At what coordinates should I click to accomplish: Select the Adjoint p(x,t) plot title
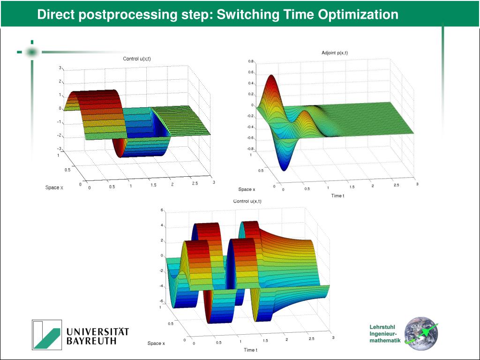(x=335, y=52)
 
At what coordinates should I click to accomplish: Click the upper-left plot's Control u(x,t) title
(x=137, y=59)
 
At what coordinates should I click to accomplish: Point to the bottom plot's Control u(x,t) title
(x=247, y=201)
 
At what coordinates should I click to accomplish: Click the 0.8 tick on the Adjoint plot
(x=251, y=61)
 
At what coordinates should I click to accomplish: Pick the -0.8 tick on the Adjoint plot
(x=250, y=149)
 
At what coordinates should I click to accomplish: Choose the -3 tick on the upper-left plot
(x=59, y=149)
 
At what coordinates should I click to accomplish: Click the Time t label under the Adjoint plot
(x=337, y=195)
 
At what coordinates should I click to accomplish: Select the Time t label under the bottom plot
(x=250, y=350)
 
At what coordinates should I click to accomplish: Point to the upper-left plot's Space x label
(x=54, y=187)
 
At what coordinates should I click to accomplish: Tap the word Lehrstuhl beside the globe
(x=382, y=327)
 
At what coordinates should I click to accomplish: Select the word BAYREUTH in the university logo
(x=91, y=341)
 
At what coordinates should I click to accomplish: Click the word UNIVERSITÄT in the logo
(x=97, y=331)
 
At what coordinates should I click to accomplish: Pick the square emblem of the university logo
(x=47, y=334)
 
